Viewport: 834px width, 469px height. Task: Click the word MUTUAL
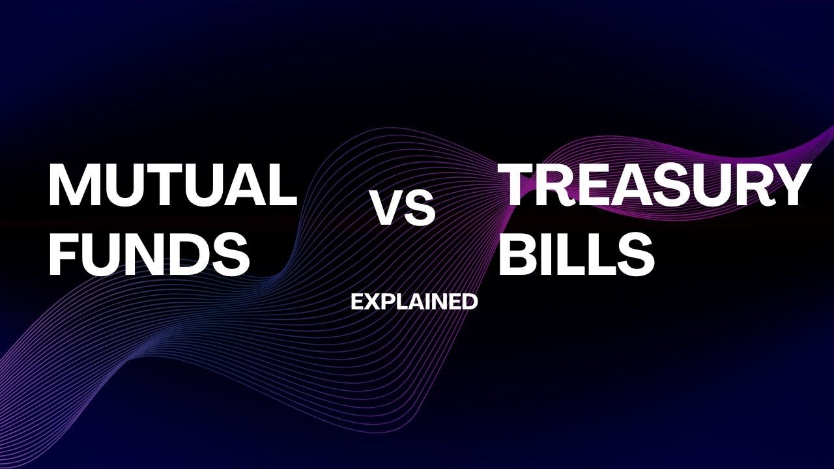pos(172,185)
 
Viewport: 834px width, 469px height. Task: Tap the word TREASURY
pos(654,185)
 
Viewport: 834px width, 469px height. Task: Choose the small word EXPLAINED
pos(414,302)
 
